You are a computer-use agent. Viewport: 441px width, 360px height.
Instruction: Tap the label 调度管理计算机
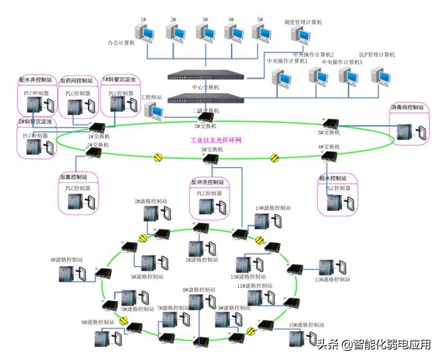coord(304,22)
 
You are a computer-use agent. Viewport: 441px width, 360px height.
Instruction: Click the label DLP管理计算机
coord(377,55)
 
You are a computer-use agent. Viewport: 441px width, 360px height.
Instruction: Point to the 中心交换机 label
coord(205,87)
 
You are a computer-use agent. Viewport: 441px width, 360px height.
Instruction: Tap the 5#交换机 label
coord(329,133)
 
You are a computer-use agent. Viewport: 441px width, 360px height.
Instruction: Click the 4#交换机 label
coord(328,147)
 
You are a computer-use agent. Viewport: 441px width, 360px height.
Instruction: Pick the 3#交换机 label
coord(212,150)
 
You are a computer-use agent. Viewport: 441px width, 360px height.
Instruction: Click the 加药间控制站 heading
coord(77,81)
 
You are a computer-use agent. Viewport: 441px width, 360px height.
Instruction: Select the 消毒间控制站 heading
coord(407,107)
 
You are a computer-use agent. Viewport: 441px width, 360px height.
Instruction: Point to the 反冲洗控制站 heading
coord(208,182)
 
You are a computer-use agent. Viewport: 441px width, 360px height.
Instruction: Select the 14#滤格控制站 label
coord(273,208)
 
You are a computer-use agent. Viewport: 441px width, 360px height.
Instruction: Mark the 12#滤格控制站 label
coord(332,279)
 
